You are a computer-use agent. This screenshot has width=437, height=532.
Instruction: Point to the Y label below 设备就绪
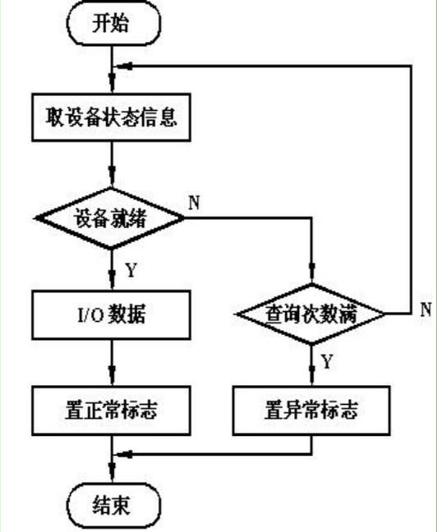click(x=130, y=268)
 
